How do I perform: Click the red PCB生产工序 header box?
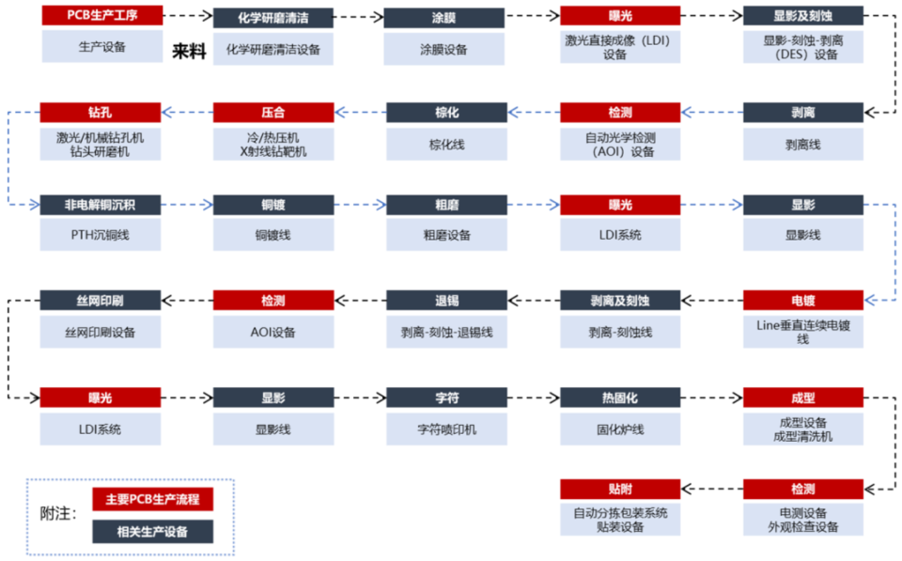point(102,16)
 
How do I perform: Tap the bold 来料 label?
point(189,51)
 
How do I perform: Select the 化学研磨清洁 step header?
point(273,18)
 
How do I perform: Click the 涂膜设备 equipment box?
point(444,50)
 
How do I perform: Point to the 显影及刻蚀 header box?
point(803,16)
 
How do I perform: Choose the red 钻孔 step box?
point(101,112)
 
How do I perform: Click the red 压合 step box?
point(273,112)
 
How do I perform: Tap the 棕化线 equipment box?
point(447,145)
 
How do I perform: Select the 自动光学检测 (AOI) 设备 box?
point(620,145)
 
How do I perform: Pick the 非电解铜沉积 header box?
point(101,205)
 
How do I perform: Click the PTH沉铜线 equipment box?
point(101,235)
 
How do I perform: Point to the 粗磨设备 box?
point(447,235)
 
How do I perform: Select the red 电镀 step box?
point(803,301)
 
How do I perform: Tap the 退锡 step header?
point(447,301)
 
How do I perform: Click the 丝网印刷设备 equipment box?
point(101,332)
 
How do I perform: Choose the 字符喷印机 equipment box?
point(447,429)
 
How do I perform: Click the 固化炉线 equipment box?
point(620,429)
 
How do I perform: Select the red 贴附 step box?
point(620,489)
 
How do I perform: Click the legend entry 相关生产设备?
point(152,532)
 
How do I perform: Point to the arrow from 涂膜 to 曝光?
point(532,16)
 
